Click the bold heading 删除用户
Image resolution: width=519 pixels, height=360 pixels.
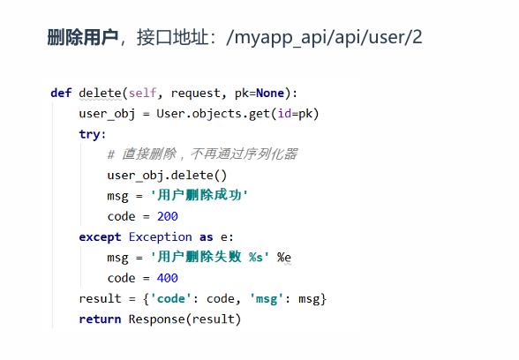(x=83, y=37)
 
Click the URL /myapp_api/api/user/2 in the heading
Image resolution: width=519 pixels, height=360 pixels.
(x=325, y=37)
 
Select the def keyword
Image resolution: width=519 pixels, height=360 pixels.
(x=61, y=93)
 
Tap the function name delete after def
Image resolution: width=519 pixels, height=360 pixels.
(x=100, y=93)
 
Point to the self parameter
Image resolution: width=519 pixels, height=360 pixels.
(x=142, y=93)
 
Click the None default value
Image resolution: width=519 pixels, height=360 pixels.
(x=270, y=93)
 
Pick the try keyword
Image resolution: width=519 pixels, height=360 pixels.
(x=89, y=134)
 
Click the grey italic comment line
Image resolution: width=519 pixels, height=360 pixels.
(x=202, y=154)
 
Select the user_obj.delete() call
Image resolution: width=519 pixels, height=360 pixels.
(x=167, y=176)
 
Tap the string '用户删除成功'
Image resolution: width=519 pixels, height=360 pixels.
(x=199, y=195)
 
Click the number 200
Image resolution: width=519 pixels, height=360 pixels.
(x=168, y=216)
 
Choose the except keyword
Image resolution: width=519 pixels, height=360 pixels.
(x=100, y=236)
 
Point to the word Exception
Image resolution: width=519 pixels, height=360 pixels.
(x=161, y=236)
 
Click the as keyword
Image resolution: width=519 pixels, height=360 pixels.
(x=207, y=236)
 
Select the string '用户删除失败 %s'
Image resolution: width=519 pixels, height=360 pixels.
(x=210, y=257)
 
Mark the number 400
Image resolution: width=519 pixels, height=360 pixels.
(x=168, y=278)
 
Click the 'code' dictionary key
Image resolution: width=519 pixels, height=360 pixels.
(x=171, y=299)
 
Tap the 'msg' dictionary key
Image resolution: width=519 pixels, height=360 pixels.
(x=267, y=299)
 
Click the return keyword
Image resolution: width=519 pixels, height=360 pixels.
(x=100, y=319)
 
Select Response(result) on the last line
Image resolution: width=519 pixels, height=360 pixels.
(x=184, y=319)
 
